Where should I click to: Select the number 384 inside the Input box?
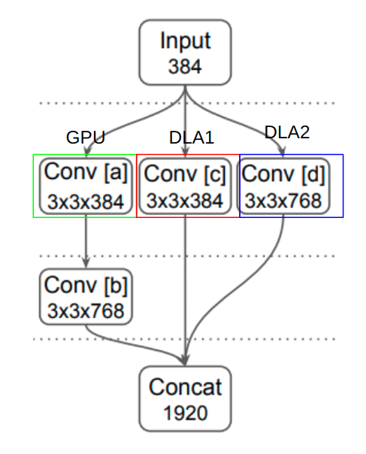coord(185,67)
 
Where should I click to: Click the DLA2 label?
coord(286,132)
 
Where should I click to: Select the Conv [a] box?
coord(86,186)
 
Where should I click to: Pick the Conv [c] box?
coord(185,186)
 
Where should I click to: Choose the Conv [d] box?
coord(283,186)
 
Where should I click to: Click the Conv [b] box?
coord(86,297)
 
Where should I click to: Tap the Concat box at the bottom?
coord(185,398)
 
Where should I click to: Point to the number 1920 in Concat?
coord(185,413)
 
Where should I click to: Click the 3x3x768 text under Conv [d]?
coord(283,200)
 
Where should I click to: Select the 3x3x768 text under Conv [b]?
coord(86,310)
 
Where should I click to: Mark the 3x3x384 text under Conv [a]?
coord(86,200)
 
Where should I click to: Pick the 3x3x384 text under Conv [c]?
coord(185,201)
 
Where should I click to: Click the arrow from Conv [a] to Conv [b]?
coord(86,241)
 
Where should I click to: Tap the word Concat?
coord(185,388)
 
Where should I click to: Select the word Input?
coord(185,41)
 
